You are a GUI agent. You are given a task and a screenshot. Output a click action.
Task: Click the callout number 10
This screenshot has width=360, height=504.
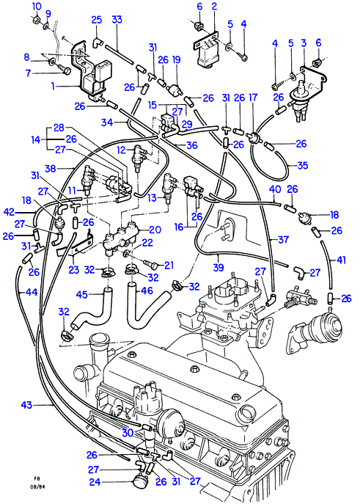coord(37,7)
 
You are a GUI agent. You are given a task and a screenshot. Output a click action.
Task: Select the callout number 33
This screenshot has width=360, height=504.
coord(117,19)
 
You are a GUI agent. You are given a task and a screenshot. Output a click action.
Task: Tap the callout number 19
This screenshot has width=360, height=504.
coord(176,59)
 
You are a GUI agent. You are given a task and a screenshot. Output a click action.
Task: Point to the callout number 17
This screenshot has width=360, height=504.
coord(253,98)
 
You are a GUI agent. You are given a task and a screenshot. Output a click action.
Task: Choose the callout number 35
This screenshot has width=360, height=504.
coord(303,165)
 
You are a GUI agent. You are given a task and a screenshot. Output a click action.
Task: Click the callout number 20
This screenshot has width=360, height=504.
coord(155,230)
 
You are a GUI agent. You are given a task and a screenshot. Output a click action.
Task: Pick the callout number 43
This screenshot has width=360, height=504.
coord(26,405)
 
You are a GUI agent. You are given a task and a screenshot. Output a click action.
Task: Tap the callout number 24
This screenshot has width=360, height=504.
coord(95,482)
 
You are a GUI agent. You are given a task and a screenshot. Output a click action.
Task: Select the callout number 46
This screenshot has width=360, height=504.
coord(147,291)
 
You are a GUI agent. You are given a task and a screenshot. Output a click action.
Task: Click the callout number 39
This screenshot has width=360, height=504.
coord(218,267)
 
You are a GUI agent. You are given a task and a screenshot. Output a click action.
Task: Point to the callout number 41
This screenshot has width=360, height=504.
coord(341,260)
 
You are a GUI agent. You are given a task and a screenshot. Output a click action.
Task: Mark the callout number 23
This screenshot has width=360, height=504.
coord(73,269)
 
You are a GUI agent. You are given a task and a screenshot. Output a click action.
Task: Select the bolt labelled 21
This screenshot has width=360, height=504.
coord(150,265)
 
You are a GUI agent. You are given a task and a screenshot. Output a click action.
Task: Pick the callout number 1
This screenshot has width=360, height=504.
coord(54,86)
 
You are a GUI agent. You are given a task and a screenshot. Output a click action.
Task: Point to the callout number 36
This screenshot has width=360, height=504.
coord(191,145)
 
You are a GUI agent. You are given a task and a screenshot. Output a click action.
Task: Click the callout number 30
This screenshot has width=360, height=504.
coord(128,433)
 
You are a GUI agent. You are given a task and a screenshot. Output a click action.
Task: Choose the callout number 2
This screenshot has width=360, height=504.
coord(214,6)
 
